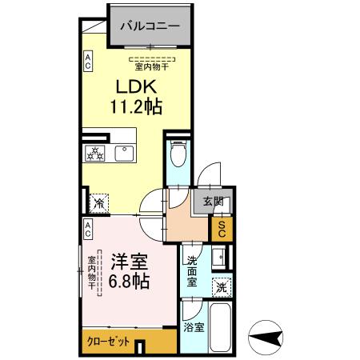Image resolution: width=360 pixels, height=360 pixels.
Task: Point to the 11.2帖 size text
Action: [135, 106]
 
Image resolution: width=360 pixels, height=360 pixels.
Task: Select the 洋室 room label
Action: [126, 262]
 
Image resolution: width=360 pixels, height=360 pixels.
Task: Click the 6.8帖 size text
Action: [126, 281]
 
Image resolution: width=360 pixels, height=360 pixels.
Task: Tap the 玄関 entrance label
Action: [213, 202]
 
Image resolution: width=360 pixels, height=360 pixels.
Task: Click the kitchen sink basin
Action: [124, 154]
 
